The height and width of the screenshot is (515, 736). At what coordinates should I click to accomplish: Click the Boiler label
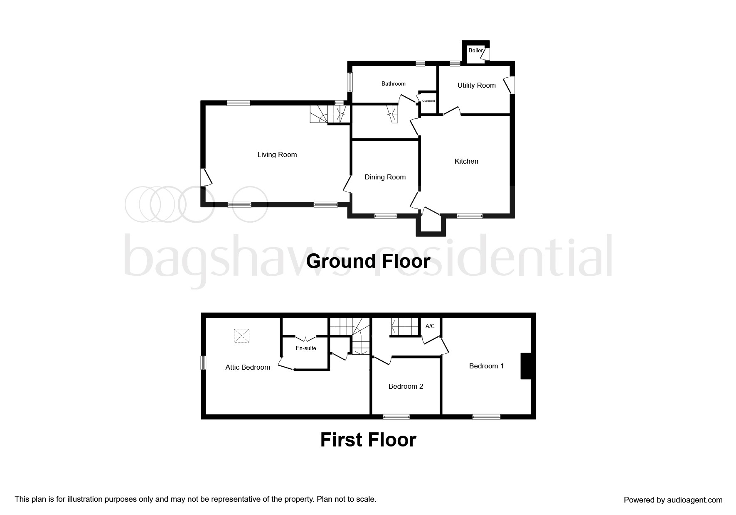pyautogui.click(x=475, y=51)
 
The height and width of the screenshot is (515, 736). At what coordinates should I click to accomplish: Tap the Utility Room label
pyautogui.click(x=476, y=85)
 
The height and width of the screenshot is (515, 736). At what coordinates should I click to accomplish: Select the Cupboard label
pyautogui.click(x=428, y=101)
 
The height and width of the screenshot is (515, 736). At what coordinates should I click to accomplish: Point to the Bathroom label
pyautogui.click(x=393, y=84)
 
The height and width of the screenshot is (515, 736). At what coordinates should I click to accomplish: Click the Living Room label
pyautogui.click(x=277, y=155)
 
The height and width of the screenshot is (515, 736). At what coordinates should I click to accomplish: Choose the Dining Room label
pyautogui.click(x=385, y=177)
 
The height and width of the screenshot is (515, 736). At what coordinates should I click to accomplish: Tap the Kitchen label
pyautogui.click(x=466, y=162)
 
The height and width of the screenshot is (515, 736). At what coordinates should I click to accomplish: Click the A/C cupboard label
pyautogui.click(x=430, y=326)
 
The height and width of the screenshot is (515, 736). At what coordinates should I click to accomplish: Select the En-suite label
pyautogui.click(x=305, y=348)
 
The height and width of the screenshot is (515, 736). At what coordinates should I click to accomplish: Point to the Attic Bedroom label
pyautogui.click(x=248, y=368)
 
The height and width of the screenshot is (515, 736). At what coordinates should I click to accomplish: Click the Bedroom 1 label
pyautogui.click(x=486, y=366)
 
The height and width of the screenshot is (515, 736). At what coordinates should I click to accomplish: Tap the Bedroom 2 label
pyautogui.click(x=406, y=387)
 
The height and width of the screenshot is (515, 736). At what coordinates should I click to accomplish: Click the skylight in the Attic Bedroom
pyautogui.click(x=241, y=336)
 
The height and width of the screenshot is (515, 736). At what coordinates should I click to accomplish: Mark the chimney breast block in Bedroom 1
pyautogui.click(x=526, y=366)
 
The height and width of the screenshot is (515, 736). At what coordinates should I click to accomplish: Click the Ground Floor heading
pyautogui.click(x=368, y=262)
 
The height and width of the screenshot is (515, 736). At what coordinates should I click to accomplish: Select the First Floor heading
pyautogui.click(x=368, y=440)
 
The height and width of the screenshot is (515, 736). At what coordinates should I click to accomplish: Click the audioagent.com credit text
pyautogui.click(x=673, y=500)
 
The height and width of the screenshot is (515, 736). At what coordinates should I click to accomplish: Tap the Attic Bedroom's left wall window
pyautogui.click(x=203, y=363)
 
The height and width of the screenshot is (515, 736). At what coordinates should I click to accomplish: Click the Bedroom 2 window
pyautogui.click(x=396, y=416)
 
